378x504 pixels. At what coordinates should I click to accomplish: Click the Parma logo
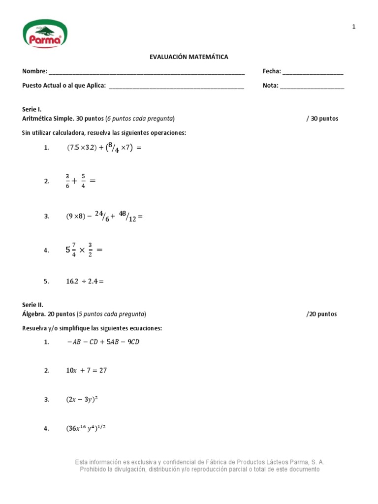click(x=45, y=34)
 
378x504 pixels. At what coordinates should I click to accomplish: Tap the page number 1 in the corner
click(x=353, y=27)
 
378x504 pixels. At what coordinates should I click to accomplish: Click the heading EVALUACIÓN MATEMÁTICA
click(x=189, y=57)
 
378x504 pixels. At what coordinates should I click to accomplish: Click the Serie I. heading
click(x=32, y=109)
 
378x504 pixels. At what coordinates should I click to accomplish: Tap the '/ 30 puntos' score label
click(x=322, y=119)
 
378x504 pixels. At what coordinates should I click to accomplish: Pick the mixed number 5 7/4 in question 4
click(x=71, y=250)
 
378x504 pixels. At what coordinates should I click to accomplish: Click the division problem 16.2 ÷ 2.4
click(x=85, y=282)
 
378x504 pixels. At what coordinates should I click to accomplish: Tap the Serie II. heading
click(x=33, y=305)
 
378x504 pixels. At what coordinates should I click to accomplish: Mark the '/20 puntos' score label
click(x=321, y=314)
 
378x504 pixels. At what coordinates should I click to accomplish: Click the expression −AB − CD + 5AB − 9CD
click(x=103, y=342)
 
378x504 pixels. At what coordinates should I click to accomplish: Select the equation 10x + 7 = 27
click(x=87, y=371)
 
